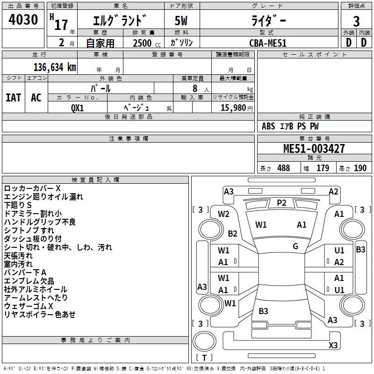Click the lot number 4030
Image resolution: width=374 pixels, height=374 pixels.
(x=23, y=20)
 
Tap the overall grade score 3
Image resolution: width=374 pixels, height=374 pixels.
(x=356, y=21)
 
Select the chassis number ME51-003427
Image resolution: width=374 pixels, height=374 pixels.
(x=314, y=149)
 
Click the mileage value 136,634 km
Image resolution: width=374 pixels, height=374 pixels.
(x=55, y=67)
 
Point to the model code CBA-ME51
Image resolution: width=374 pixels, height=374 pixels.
(x=267, y=43)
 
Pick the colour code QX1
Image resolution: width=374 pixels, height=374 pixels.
(x=78, y=107)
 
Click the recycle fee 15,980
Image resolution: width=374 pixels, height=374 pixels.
(x=232, y=107)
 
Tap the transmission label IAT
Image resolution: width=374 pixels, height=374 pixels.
(x=13, y=97)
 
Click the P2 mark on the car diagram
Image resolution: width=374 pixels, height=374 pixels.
(x=281, y=202)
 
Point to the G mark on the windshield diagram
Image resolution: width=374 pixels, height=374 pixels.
(x=295, y=246)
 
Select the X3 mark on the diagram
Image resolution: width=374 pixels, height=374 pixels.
(x=333, y=345)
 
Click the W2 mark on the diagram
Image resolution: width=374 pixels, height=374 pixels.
(x=223, y=214)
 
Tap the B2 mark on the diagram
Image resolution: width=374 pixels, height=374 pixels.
(x=232, y=234)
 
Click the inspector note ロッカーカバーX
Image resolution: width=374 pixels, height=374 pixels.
(x=32, y=188)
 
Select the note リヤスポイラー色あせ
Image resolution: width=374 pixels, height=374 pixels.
(x=40, y=315)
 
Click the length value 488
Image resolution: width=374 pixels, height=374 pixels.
(x=283, y=168)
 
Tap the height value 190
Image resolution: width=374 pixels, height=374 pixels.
(x=360, y=168)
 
